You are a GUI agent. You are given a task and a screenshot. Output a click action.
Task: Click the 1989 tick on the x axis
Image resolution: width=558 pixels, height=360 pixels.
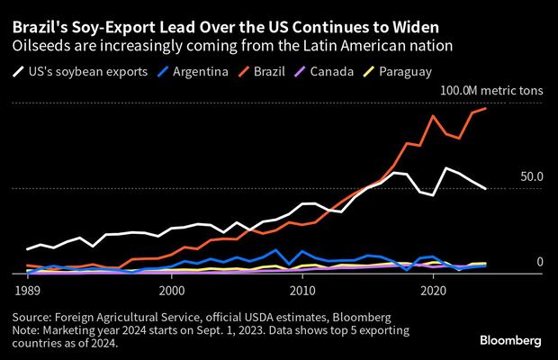[x=26, y=292]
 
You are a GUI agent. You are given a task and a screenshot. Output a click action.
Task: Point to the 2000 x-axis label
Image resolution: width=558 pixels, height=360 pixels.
[x=171, y=292]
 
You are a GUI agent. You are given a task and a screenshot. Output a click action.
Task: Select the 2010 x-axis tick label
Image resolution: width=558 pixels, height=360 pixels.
[x=303, y=292]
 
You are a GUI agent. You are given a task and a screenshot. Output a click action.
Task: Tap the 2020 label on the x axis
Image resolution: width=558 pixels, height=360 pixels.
[x=435, y=292]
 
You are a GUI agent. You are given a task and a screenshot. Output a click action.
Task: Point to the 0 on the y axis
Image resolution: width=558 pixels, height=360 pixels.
[x=540, y=262]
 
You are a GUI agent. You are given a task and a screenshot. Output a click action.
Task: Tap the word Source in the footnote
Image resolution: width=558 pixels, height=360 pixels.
[x=34, y=318]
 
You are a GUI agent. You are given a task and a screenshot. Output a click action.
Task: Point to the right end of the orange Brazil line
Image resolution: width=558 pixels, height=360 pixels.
[x=487, y=108]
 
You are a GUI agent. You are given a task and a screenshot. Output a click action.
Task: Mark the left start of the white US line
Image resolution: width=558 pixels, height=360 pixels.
[x=27, y=249]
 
